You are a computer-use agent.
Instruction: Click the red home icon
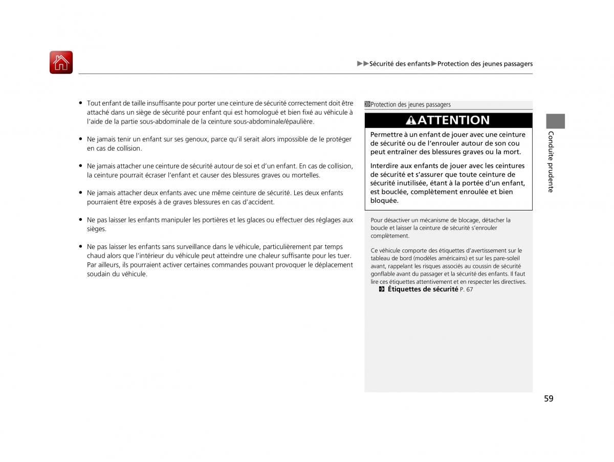click(61, 62)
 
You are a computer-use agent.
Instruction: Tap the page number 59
click(549, 399)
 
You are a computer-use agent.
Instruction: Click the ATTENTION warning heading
click(453, 120)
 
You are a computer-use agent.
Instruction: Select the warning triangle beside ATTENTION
click(411, 120)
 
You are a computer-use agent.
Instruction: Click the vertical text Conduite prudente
click(551, 161)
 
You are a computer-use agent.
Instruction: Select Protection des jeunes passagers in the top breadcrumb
click(485, 64)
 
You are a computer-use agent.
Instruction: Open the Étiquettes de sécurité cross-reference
click(423, 289)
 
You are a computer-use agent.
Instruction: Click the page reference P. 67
click(466, 290)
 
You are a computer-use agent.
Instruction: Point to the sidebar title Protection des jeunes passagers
click(410, 104)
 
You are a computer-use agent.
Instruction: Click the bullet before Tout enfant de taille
click(81, 103)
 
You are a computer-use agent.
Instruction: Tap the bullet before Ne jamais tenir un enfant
click(81, 139)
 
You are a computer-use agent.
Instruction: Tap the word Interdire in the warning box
click(385, 166)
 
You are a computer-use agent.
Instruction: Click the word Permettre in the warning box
click(387, 135)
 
